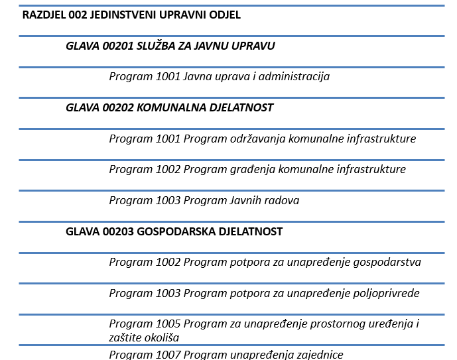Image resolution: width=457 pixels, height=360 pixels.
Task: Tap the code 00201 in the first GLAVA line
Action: pyautogui.click(x=111, y=46)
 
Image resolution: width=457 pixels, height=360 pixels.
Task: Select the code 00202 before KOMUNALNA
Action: pyautogui.click(x=111, y=107)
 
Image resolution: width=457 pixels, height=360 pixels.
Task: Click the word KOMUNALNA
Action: pyautogui.click(x=166, y=107)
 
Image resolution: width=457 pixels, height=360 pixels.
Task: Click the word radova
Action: pyautogui.click(x=283, y=200)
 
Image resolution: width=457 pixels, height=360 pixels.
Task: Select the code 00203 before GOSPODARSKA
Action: pyautogui.click(x=111, y=231)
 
